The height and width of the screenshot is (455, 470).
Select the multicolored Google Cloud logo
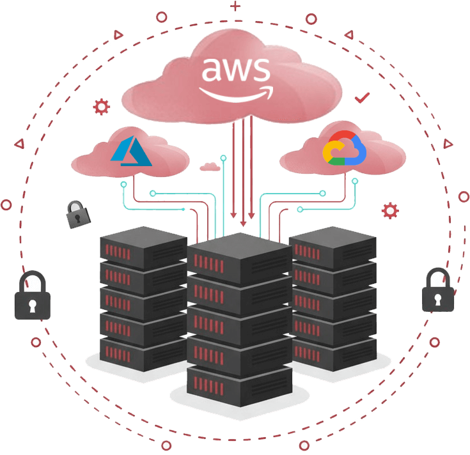(343, 149)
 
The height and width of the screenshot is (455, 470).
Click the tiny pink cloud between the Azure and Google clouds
(209, 167)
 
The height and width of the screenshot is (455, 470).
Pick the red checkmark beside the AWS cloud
(363, 98)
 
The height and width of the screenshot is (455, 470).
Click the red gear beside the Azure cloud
(100, 106)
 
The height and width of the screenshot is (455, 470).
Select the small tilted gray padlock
(79, 215)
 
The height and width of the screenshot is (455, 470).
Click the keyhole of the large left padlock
(32, 305)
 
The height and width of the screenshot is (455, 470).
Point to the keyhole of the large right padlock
(438, 298)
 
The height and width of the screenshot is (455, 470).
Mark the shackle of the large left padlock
(32, 281)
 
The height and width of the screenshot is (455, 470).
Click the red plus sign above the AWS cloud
(236, 7)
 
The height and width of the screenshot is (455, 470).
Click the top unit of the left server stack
(143, 245)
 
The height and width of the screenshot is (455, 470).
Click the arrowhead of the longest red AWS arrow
(242, 224)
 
